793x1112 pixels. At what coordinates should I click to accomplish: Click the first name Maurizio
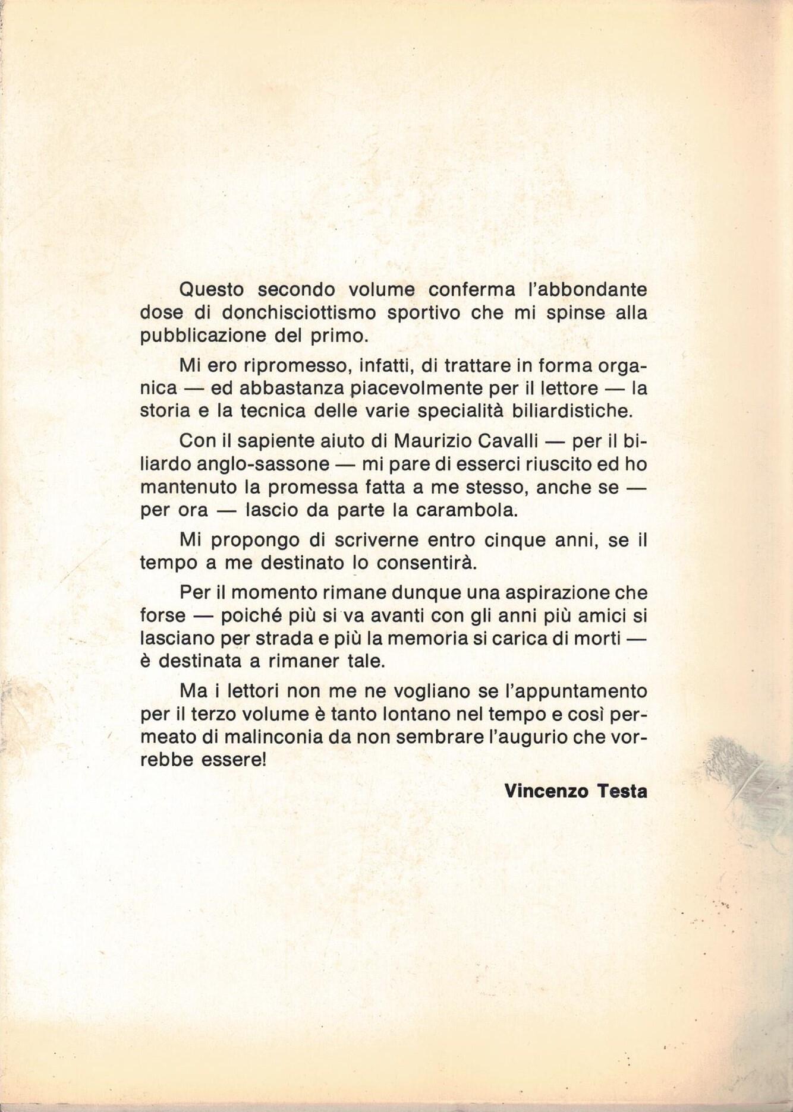coord(436,441)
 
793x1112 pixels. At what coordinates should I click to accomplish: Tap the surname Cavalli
coord(518,441)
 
